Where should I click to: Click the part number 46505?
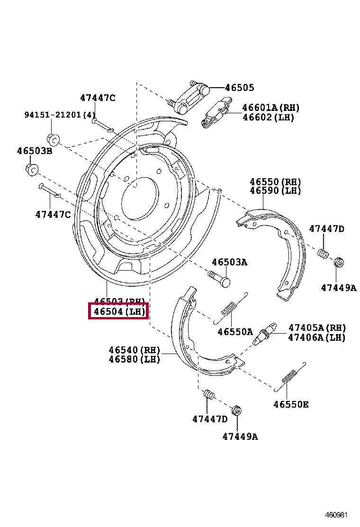(x=239, y=88)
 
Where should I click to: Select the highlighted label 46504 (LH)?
(x=119, y=311)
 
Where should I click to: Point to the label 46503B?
(x=35, y=151)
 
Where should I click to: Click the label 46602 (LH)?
(x=268, y=117)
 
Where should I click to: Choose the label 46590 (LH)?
(x=275, y=191)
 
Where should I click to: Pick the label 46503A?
(x=229, y=262)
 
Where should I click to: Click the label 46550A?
(x=235, y=332)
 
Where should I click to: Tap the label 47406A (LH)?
(x=317, y=337)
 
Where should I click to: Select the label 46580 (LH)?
(x=134, y=359)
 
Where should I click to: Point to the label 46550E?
(x=291, y=404)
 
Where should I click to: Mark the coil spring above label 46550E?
(x=288, y=378)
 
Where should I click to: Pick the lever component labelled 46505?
(x=192, y=97)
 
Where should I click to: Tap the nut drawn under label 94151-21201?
(x=53, y=139)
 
